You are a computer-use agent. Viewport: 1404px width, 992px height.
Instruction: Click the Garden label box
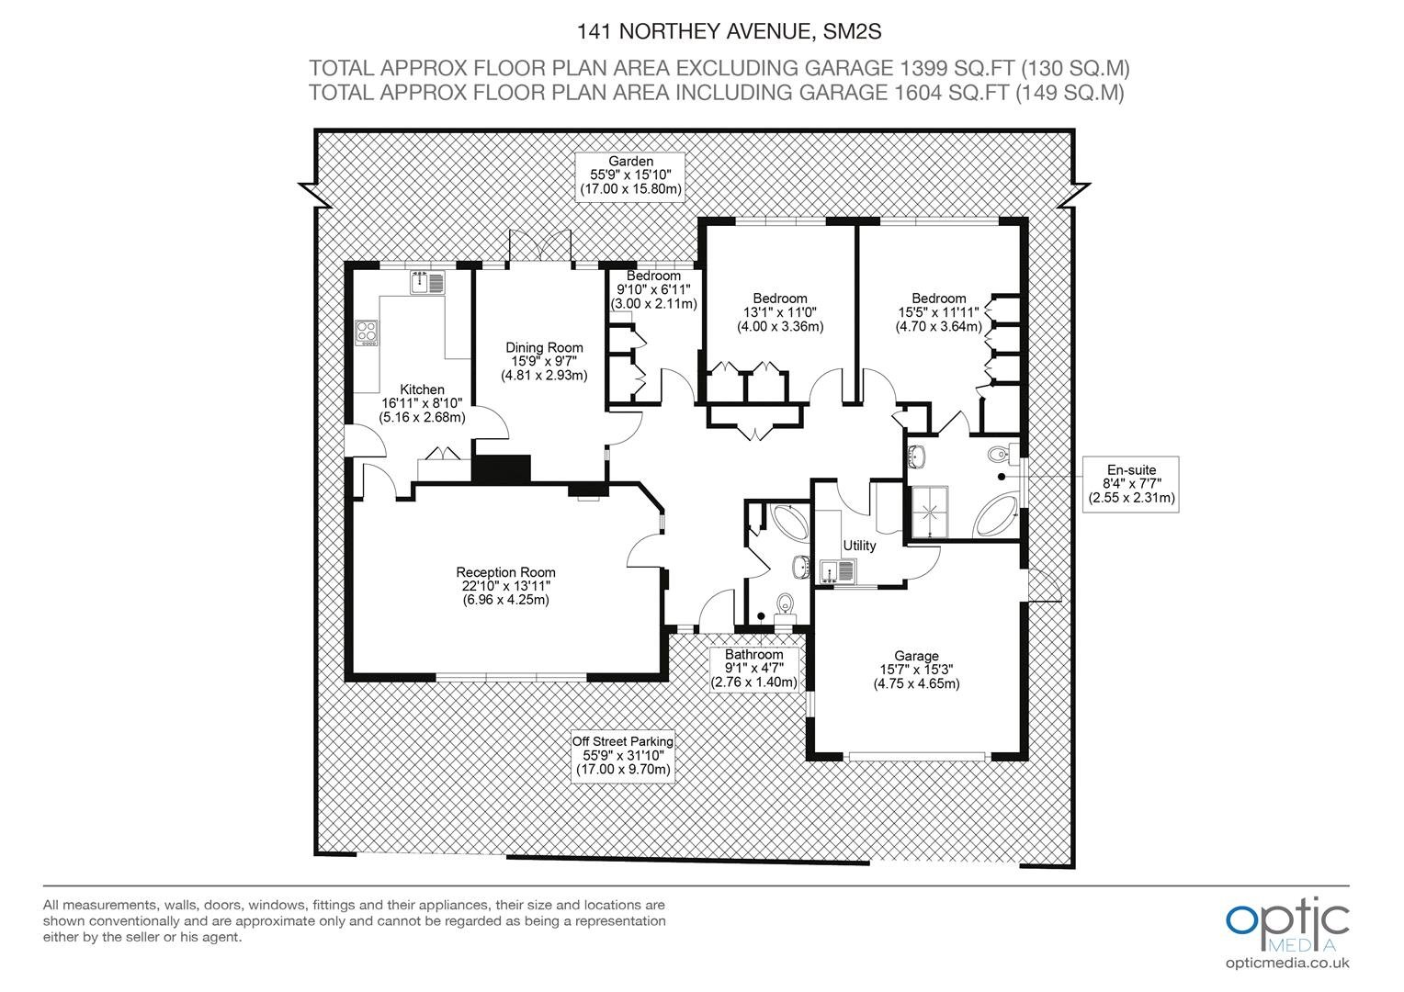630,176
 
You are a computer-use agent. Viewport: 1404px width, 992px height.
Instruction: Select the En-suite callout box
1131,484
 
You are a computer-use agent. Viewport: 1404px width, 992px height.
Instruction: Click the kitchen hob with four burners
367,333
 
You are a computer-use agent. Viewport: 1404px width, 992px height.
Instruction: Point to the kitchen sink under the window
427,283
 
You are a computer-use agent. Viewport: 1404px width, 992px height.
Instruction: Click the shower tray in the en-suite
930,512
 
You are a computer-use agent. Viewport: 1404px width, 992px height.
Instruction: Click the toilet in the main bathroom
785,606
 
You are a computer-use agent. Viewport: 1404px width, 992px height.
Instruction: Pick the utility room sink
837,571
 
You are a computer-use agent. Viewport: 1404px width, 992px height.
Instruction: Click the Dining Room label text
544,347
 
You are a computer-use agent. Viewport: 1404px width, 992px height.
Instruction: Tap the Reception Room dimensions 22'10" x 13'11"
505,586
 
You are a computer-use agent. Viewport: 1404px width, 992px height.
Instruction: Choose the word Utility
859,546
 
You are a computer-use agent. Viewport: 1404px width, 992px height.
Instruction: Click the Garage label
916,656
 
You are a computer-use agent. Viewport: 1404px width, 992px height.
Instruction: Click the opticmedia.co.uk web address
1287,964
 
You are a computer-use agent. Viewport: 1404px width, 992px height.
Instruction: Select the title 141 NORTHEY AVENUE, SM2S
729,31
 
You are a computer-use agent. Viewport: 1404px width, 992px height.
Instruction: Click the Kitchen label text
422,389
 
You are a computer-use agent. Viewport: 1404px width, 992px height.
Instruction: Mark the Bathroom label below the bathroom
754,654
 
